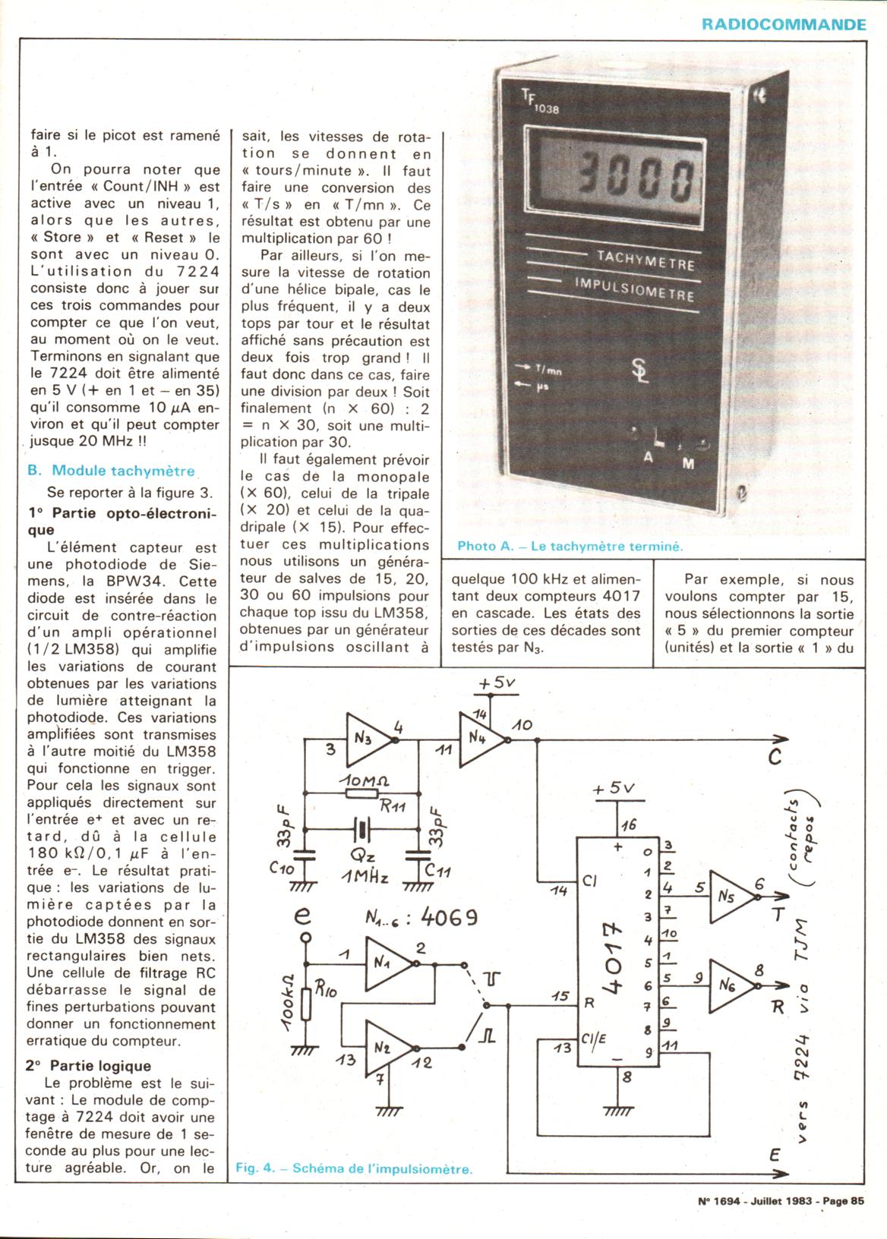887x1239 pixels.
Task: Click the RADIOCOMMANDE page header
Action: click(783, 24)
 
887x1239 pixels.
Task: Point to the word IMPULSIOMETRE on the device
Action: click(634, 288)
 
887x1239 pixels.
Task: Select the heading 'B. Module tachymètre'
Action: click(111, 471)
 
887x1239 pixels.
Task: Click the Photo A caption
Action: click(570, 546)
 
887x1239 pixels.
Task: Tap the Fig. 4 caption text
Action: click(354, 1168)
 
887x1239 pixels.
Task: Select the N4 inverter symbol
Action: click(481, 739)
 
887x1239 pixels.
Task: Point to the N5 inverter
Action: click(731, 896)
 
